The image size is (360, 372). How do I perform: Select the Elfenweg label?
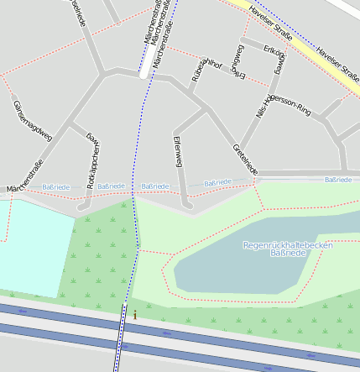[x=177, y=148]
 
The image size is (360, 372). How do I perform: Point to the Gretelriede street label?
[x=244, y=160]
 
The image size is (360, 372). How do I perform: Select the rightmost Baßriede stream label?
[x=338, y=179]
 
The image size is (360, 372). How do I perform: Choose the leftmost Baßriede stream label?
[x=55, y=186]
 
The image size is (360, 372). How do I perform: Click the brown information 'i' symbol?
[x=134, y=314]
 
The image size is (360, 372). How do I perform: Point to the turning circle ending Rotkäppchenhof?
[x=82, y=206]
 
